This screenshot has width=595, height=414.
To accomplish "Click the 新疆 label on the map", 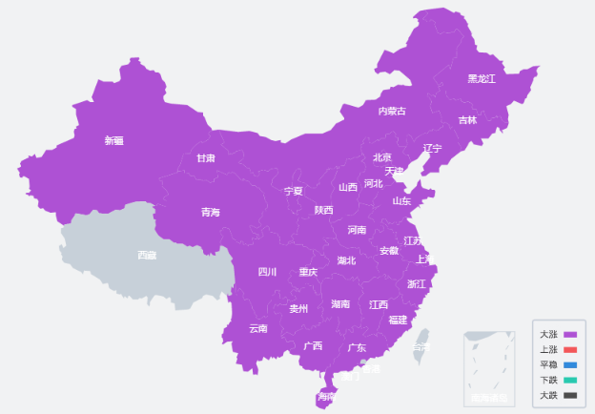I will click(x=113, y=141).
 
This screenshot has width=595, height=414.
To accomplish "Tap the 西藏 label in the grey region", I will click(x=147, y=255).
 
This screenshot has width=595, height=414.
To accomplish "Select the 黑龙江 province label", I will click(x=481, y=78).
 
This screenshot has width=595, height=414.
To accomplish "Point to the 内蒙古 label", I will click(x=391, y=112).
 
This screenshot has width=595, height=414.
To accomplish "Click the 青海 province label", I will click(x=210, y=213).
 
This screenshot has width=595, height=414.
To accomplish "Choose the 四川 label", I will click(x=267, y=272).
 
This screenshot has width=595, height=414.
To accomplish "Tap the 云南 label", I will click(x=258, y=328).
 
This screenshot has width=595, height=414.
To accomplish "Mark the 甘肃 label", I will click(x=206, y=158).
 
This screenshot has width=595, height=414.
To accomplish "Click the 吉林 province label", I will click(x=467, y=120).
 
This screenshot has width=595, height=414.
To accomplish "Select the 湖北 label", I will click(x=346, y=260).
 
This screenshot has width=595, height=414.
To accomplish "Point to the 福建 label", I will click(x=398, y=320).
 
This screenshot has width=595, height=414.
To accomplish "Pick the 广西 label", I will click(x=313, y=345).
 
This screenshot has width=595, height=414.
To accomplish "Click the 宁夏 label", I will click(x=294, y=191).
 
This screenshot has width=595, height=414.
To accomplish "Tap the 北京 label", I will click(x=382, y=157).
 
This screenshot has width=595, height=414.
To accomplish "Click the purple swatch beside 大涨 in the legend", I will click(x=570, y=335).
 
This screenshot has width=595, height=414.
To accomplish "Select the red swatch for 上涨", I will click(x=570, y=350).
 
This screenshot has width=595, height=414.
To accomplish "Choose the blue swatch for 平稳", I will click(x=570, y=365).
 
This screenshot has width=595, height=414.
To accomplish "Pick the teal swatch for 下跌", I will click(x=570, y=380).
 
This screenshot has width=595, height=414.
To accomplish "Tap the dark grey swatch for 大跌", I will click(x=570, y=395).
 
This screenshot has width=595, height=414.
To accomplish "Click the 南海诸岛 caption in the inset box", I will click(x=489, y=397).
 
